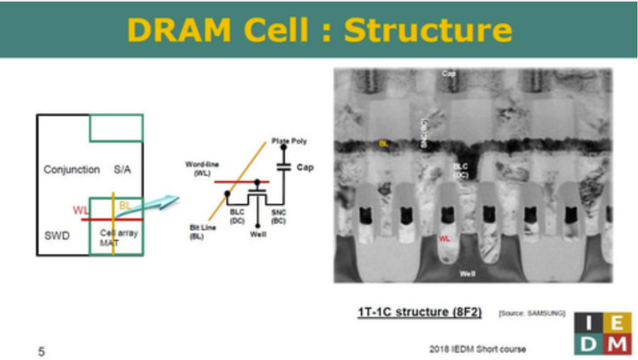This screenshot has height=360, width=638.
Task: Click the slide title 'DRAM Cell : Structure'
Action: coord(319,30)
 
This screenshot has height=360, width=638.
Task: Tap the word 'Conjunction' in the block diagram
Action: coord(71,170)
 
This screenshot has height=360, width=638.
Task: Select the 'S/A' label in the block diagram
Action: coord(122,170)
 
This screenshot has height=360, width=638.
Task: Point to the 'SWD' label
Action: coord(57,236)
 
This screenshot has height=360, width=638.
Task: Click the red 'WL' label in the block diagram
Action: coord(80,210)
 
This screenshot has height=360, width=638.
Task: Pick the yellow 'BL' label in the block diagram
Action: coord(125,206)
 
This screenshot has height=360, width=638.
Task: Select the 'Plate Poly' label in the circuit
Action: coord(289,141)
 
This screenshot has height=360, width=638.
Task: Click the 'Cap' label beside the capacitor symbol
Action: coord(305,167)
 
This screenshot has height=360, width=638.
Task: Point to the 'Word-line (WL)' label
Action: coord(203,168)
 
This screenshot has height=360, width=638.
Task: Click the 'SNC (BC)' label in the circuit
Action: coord(279,216)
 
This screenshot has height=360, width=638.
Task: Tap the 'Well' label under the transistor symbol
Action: coord(258,235)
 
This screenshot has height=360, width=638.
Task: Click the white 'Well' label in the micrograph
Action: coord(468,274)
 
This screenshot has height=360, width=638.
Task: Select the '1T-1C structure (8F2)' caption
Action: coord(419,312)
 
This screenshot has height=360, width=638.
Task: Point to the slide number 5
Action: coord(41,352)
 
